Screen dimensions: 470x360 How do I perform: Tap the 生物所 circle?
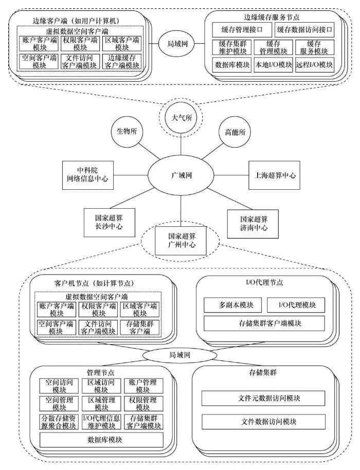point(127,131)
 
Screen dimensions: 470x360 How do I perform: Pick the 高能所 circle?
point(235,132)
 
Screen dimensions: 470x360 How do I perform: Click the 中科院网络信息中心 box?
point(87,174)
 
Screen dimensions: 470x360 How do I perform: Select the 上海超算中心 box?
point(275,175)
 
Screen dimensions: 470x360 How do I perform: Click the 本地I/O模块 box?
point(273,65)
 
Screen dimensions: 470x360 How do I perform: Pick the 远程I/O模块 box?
point(315,65)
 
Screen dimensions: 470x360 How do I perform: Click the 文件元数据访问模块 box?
point(263,397)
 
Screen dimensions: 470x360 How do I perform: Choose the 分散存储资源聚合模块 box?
point(58,421)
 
